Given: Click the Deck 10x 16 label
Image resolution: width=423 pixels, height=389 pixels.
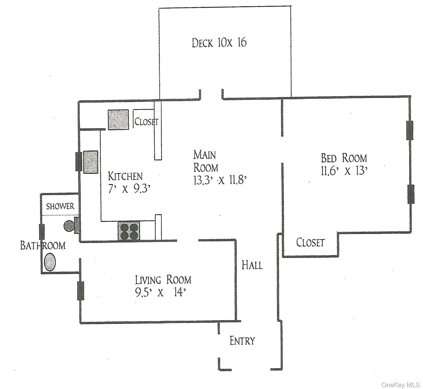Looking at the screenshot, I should pyautogui.click(x=219, y=43).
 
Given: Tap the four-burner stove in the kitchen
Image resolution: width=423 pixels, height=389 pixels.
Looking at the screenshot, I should pyautogui.click(x=129, y=230).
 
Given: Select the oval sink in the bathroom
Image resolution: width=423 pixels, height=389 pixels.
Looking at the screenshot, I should pyautogui.click(x=50, y=262).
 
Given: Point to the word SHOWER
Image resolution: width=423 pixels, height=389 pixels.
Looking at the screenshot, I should pyautogui.click(x=60, y=206).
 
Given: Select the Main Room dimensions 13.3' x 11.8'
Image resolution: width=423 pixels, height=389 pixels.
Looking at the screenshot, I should pyautogui.click(x=220, y=181).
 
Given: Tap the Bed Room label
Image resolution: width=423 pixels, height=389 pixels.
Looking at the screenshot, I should pyautogui.click(x=344, y=158).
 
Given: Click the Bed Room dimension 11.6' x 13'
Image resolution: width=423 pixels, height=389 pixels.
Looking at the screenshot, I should pyautogui.click(x=344, y=171).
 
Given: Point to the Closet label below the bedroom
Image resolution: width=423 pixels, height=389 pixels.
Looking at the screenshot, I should pyautogui.click(x=310, y=243).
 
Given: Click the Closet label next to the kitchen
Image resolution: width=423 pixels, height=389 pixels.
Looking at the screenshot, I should pyautogui.click(x=146, y=122).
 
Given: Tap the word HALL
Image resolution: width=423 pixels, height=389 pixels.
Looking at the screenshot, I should pyautogui.click(x=252, y=265).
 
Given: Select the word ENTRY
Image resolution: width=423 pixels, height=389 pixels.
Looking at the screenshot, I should pyautogui.click(x=242, y=341).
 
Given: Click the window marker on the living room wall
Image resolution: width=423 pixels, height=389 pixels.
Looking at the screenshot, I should pyautogui.click(x=81, y=290).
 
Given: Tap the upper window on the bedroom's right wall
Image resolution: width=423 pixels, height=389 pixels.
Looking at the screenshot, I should pyautogui.click(x=410, y=130).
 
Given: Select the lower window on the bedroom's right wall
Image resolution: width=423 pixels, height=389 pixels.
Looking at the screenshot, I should pyautogui.click(x=411, y=194).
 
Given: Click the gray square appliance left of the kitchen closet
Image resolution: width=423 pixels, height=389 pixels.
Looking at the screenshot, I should pyautogui.click(x=118, y=120).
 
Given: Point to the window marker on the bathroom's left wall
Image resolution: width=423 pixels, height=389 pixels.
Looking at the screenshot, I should pyautogui.click(x=42, y=232).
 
